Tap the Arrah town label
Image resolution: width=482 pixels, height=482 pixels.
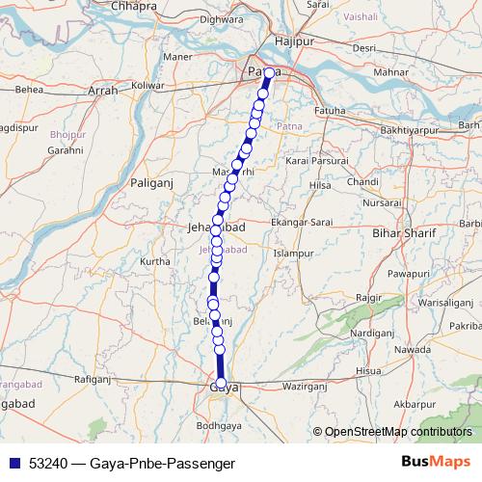pyautogui.click(x=102, y=91)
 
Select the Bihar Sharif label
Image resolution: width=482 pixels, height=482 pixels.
pyautogui.click(x=403, y=233)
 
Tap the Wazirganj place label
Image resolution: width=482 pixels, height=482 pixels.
pyautogui.click(x=308, y=386)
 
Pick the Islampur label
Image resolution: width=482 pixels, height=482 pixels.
pyautogui.click(x=294, y=254)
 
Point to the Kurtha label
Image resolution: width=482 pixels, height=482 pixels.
pyautogui.click(x=155, y=260)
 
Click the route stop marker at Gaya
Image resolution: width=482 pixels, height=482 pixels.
pyautogui.click(x=222, y=385)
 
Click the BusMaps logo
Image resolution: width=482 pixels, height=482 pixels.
pyautogui.click(x=435, y=463)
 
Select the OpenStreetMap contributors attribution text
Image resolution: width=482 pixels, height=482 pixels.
pyautogui.click(x=399, y=432)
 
